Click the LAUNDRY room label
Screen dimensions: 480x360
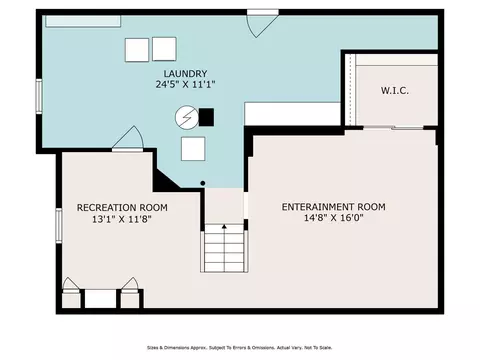(185, 73)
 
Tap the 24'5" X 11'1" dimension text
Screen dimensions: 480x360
(185, 84)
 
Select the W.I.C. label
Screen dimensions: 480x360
(395, 91)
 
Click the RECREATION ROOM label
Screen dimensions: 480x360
(122, 208)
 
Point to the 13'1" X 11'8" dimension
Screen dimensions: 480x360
(122, 219)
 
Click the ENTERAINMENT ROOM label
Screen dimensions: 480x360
(334, 207)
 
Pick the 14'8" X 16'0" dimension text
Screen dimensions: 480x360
(334, 218)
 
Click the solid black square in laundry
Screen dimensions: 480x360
(206, 117)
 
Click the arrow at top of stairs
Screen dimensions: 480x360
(224, 227)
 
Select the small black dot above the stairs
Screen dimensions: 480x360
(203, 183)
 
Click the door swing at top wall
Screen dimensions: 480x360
(262, 23)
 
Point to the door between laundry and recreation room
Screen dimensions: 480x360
(128, 139)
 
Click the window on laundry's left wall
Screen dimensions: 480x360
(39, 96)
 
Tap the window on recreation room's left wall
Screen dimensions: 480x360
(59, 225)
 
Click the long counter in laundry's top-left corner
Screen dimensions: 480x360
(83, 21)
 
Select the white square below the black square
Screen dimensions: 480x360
(193, 149)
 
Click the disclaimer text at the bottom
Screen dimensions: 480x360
(240, 348)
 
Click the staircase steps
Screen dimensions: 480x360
(224, 248)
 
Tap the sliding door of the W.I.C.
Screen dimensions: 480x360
(393, 127)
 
